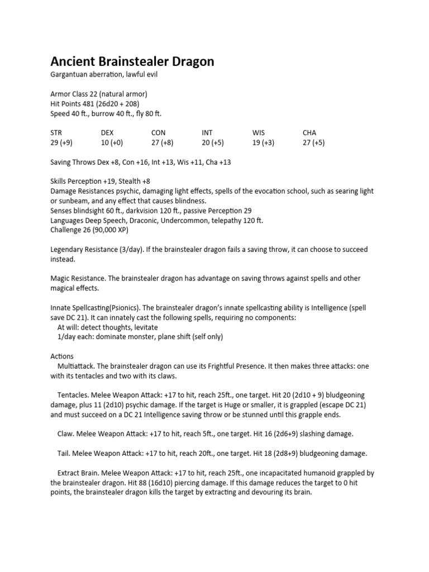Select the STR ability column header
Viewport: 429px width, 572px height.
(x=56, y=132)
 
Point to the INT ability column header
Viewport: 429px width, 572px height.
(x=207, y=132)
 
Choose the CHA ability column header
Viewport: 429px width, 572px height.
(x=309, y=132)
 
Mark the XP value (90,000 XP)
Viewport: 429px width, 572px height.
(x=108, y=230)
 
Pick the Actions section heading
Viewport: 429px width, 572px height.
(x=62, y=356)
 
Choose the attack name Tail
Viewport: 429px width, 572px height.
(x=64, y=453)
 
